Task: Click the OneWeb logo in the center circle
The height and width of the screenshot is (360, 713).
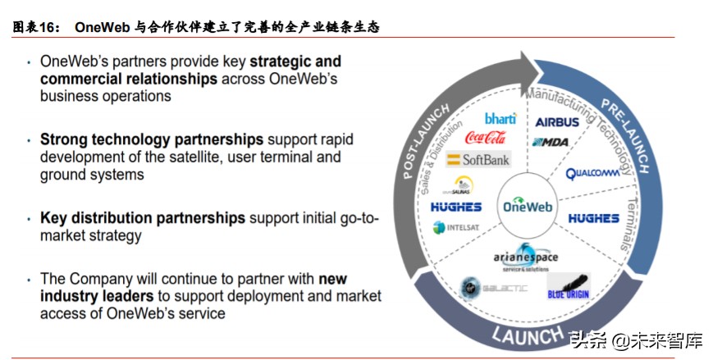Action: tap(528, 206)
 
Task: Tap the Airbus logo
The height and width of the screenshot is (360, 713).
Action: tap(557, 122)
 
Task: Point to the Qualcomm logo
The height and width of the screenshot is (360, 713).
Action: tap(592, 173)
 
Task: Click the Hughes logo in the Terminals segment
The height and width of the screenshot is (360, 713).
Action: tap(592, 218)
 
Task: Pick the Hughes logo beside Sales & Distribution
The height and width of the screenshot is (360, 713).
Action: tap(455, 207)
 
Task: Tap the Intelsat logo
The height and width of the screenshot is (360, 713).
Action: tap(458, 228)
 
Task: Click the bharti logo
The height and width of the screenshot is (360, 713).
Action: tap(500, 119)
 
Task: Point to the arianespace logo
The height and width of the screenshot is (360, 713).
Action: tap(525, 258)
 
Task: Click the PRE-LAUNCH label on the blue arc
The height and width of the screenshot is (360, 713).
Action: tap(624, 134)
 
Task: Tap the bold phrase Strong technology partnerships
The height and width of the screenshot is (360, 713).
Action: tap(152, 139)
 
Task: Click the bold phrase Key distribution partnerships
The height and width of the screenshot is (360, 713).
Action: tap(143, 218)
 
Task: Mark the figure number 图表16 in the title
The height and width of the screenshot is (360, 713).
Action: tap(37, 27)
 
